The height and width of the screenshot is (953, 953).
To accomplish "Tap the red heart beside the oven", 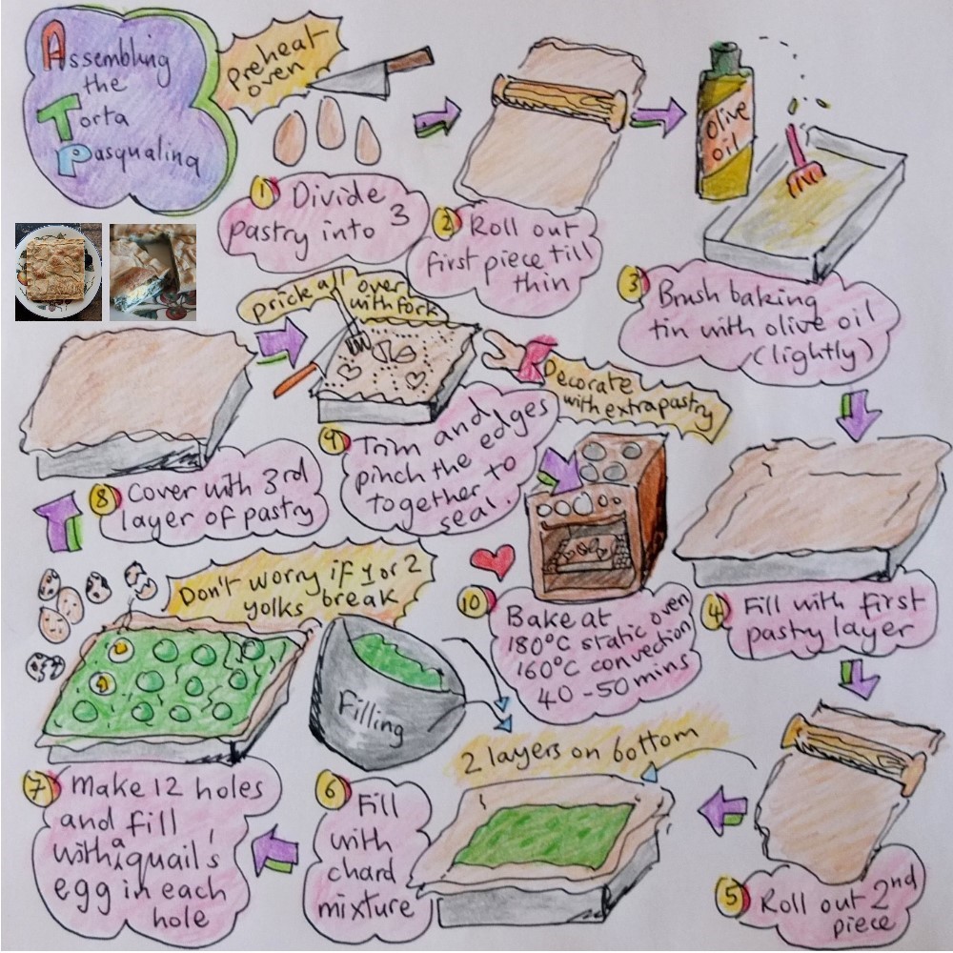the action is (x=493, y=561).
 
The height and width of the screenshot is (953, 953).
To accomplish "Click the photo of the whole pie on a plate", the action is (x=59, y=273).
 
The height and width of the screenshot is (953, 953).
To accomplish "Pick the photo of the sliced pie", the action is (x=153, y=273).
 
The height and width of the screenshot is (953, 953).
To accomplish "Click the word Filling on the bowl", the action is (x=371, y=718).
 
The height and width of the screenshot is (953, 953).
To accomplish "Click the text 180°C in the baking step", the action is (x=535, y=641).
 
